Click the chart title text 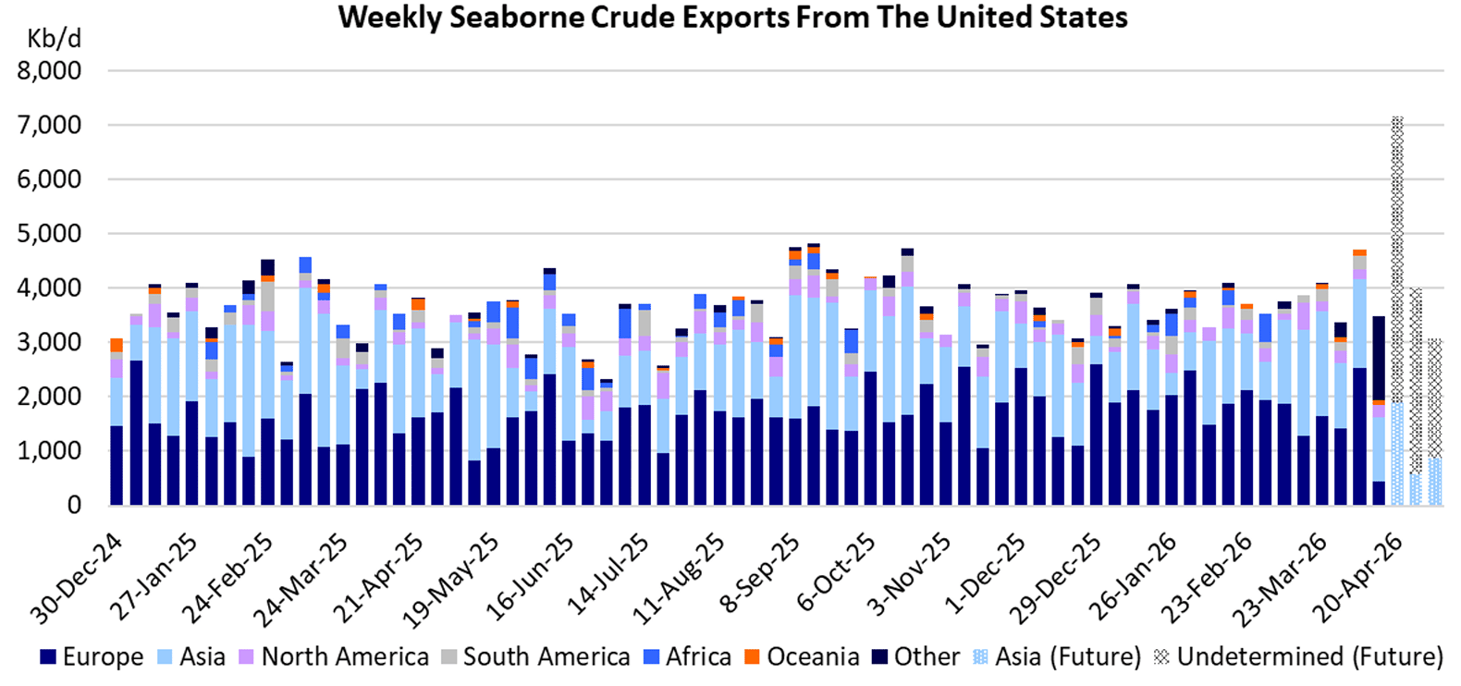click(732, 18)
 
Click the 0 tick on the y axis click(73, 506)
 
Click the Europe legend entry click(92, 657)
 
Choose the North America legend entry click(334, 657)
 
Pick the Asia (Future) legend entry click(1057, 657)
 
